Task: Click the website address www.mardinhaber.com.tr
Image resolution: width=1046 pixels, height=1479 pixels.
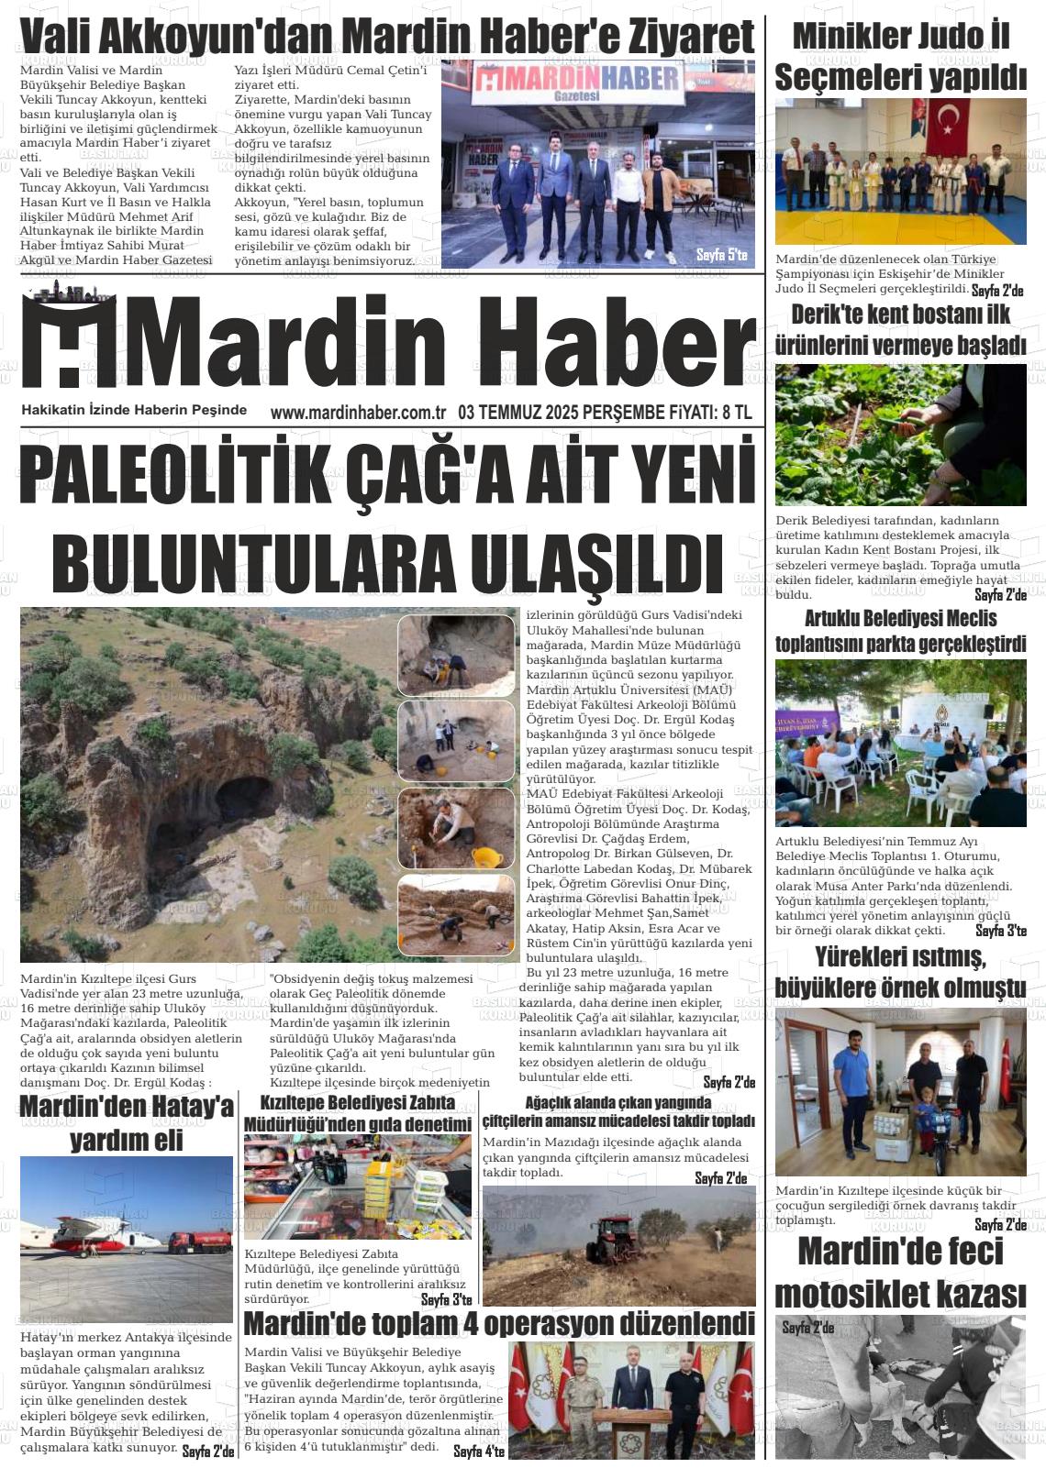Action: (x=358, y=414)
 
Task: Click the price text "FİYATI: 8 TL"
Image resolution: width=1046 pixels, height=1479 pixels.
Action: (x=707, y=414)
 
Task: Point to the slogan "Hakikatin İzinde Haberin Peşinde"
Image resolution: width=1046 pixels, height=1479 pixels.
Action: (x=134, y=410)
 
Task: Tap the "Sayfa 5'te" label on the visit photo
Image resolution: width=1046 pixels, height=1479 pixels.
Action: (x=721, y=254)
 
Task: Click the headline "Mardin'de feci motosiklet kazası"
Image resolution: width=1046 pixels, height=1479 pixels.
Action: (x=900, y=1274)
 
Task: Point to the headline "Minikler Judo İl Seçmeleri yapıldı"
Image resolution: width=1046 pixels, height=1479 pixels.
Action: (x=900, y=58)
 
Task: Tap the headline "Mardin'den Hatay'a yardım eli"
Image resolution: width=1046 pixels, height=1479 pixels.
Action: (x=127, y=1123)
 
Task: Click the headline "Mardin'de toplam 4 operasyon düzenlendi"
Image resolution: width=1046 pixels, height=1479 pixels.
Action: (x=499, y=1324)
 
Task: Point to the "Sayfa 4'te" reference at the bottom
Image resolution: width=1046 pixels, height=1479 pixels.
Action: (x=479, y=1451)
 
